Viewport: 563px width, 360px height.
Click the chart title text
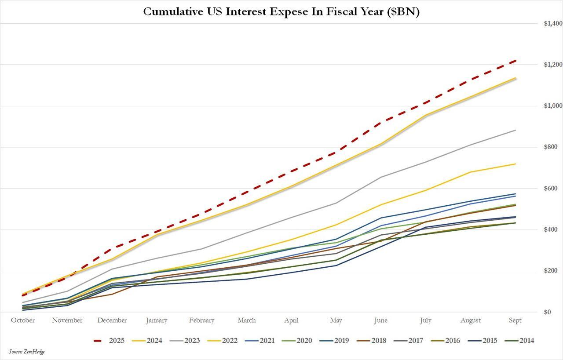click(281, 12)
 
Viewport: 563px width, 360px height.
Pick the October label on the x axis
click(23, 320)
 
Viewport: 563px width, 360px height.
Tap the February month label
click(202, 320)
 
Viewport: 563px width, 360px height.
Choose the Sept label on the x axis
click(515, 320)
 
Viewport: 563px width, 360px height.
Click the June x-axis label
click(381, 320)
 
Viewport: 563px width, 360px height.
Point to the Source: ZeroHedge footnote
click(26, 352)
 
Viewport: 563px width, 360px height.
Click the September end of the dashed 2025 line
click(515, 61)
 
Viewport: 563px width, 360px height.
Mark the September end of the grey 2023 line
click(515, 130)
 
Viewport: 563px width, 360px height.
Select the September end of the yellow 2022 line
click(515, 164)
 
